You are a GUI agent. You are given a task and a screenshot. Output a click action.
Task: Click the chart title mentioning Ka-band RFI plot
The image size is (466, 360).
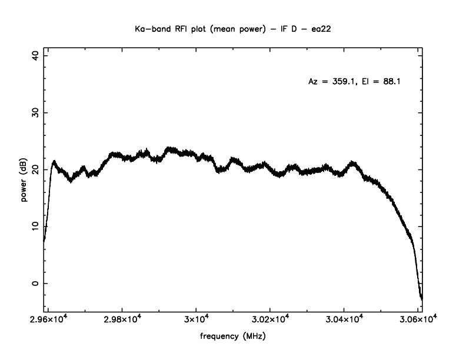coord(233,29)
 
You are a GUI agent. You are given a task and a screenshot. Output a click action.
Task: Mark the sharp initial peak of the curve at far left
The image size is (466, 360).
coord(54,161)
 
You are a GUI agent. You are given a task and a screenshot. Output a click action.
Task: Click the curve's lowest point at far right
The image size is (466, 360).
coord(422,299)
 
